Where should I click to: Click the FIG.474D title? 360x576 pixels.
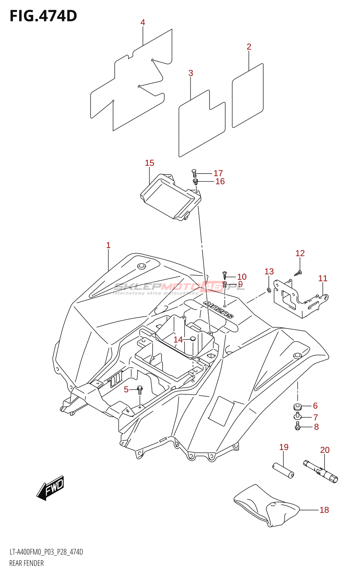pos(43,16)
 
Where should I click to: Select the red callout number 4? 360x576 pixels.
pos(143,23)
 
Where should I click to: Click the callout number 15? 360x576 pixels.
pos(149,163)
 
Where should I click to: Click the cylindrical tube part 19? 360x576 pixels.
pos(283,471)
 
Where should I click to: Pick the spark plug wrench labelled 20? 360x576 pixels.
pos(320,471)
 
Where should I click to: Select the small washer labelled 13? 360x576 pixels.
pos(269,290)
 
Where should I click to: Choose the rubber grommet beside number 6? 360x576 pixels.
pos(297,407)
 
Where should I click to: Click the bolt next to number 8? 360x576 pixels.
pos(297,427)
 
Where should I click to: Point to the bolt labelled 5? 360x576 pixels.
pos(140,390)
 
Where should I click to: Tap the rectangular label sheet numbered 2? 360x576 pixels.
pos(248,95)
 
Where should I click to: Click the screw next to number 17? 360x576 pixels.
pos(194,173)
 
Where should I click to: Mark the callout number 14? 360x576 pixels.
pos(178,339)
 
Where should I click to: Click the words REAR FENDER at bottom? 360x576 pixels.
pos(26,563)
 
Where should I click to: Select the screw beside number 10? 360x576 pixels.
pos(225,276)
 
